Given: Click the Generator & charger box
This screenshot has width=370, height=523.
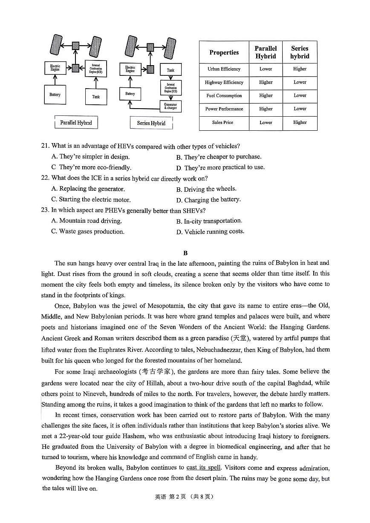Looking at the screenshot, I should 171,106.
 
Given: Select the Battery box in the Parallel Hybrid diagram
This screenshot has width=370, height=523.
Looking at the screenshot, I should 55,95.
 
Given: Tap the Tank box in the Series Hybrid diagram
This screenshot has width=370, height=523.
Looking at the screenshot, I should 171,70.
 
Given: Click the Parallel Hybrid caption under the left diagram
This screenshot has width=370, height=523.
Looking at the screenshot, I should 76,123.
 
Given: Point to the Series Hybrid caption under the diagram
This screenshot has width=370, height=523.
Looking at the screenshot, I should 151,123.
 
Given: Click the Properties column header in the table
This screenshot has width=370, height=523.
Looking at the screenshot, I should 224,52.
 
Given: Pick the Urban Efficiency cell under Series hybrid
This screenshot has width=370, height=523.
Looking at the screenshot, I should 300,69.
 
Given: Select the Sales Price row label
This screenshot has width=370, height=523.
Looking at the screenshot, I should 223,123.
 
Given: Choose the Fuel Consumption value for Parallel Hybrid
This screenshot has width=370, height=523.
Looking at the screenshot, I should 266,96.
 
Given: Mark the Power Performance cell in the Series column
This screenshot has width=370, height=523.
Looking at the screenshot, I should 300,109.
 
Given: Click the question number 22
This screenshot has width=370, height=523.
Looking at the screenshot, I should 45,178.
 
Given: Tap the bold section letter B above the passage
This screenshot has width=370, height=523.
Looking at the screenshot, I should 185,253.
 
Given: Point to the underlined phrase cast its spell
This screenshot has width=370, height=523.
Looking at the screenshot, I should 204,468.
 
